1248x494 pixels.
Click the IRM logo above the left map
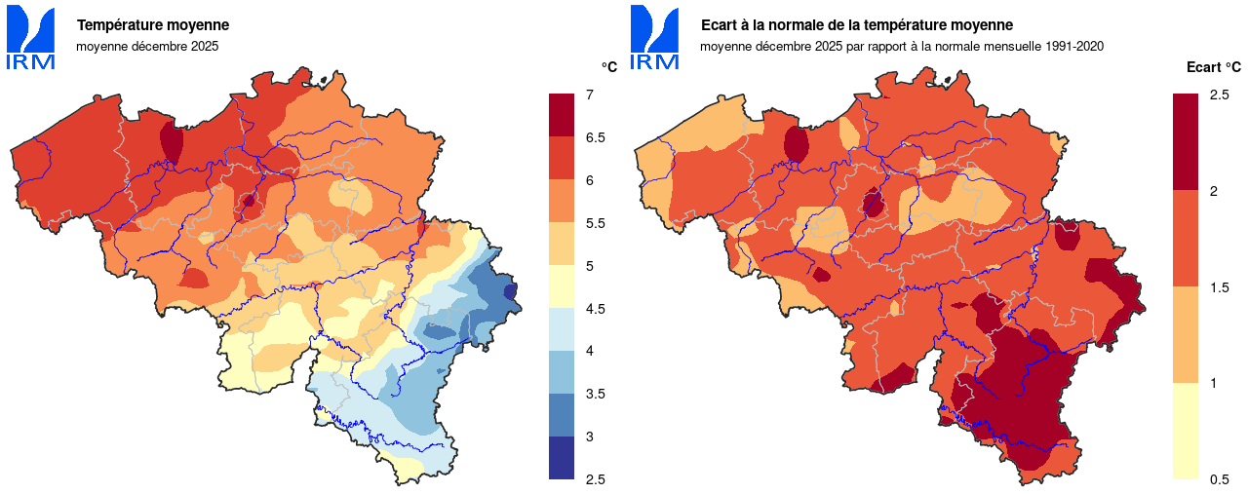30,37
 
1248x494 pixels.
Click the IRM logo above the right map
654,37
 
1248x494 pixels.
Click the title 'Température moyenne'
153,25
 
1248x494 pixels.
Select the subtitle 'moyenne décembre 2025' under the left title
147,46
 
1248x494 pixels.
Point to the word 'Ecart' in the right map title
720,25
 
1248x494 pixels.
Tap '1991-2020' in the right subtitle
1074,46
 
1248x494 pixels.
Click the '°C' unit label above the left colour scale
608,66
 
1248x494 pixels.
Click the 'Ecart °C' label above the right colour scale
1213,67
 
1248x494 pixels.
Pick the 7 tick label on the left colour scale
590,95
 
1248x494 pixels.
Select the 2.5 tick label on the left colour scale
595,479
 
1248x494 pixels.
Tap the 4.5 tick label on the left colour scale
595,309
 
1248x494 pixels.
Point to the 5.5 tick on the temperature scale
595,223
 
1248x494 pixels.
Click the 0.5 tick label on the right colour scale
1219,479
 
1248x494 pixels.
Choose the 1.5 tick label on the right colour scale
1219,287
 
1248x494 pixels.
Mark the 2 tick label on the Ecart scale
1213,191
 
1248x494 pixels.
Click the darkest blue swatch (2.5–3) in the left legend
562,458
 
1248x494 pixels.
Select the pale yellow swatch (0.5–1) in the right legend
1186,431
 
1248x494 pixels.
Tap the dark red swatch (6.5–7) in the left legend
562,115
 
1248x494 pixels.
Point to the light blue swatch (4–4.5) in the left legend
562,329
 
